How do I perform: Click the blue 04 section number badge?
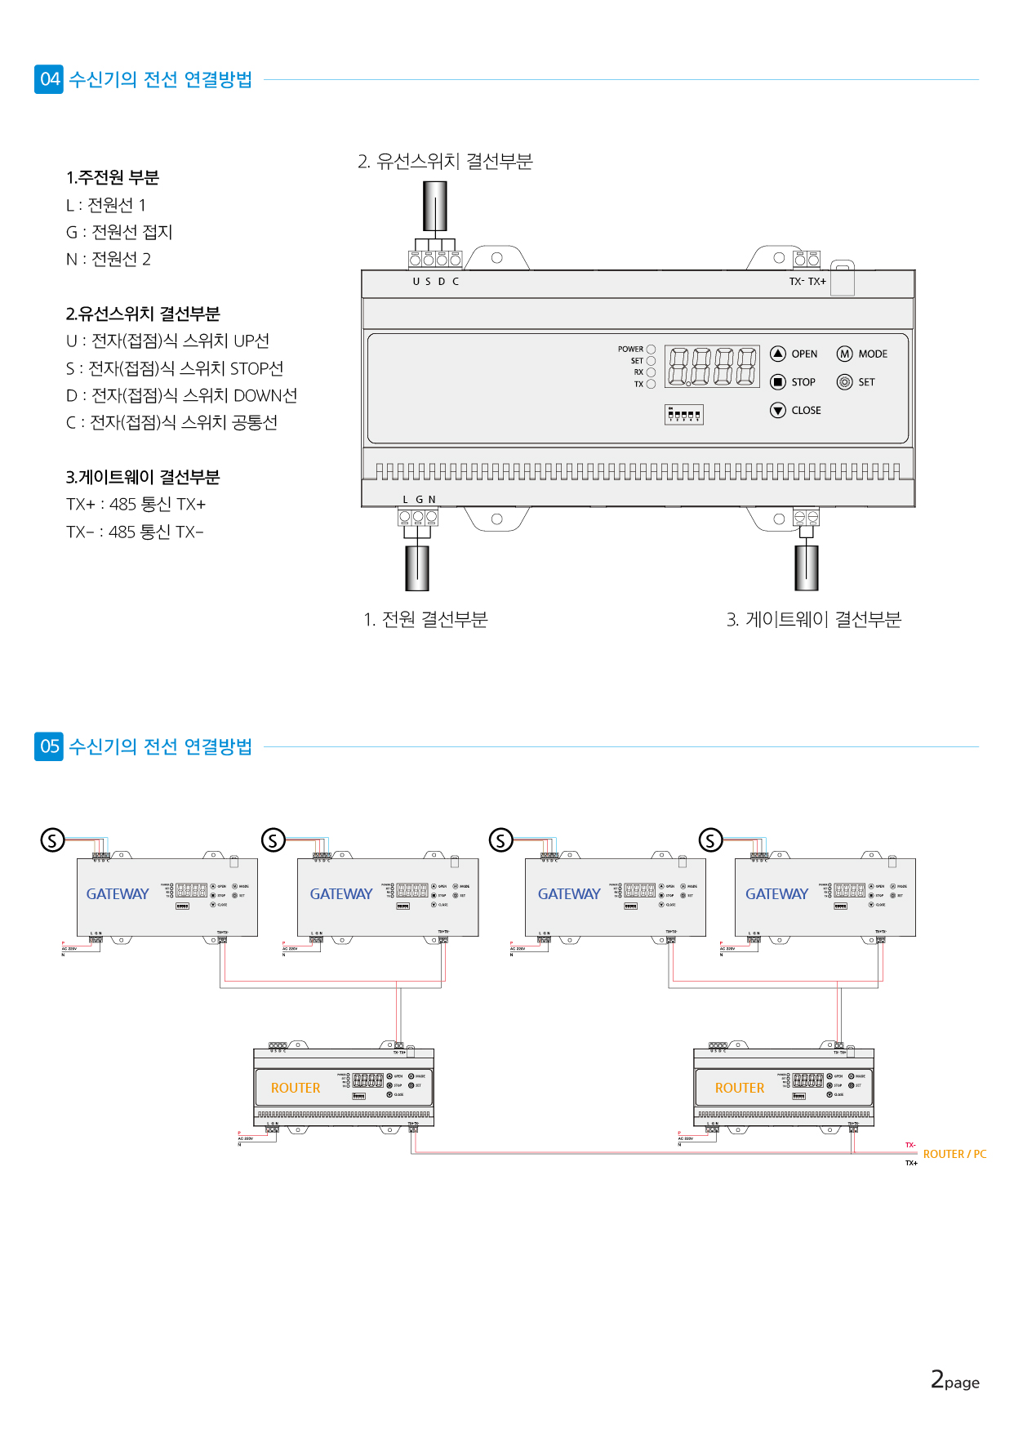(49, 79)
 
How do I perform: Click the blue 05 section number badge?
(49, 746)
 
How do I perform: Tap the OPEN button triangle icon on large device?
(778, 354)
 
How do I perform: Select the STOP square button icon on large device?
(778, 382)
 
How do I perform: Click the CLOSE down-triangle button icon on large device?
(778, 410)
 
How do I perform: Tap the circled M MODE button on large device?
(845, 354)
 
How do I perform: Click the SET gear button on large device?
(845, 382)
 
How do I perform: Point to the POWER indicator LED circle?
(651, 350)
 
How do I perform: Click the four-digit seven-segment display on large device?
(712, 366)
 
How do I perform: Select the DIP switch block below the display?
(684, 415)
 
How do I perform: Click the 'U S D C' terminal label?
(436, 282)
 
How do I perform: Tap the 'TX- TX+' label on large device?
(807, 282)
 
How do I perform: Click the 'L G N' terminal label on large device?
(419, 500)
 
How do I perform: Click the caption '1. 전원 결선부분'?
(425, 620)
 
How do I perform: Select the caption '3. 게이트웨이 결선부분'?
(814, 620)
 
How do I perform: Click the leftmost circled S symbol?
(53, 839)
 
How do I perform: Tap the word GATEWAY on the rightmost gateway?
(776, 894)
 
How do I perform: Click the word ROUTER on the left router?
(296, 1088)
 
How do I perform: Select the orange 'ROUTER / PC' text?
(954, 1154)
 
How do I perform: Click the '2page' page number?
(954, 1380)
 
